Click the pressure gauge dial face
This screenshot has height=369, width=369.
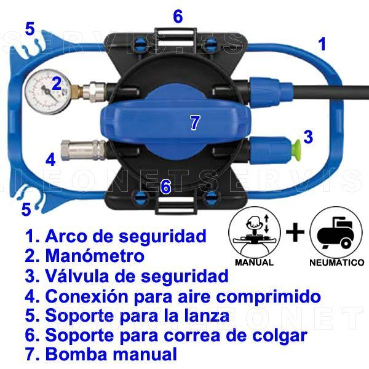click(x=48, y=91)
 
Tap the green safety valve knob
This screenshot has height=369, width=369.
click(x=296, y=151)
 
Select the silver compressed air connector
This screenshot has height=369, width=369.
click(x=83, y=150)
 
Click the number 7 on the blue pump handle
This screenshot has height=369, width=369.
click(x=195, y=122)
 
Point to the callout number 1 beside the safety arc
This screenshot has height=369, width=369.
click(x=322, y=44)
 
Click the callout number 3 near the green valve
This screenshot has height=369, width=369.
click(x=308, y=137)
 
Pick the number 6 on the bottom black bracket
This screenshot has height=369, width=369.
click(x=166, y=186)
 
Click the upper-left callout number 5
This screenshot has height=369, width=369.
click(x=30, y=29)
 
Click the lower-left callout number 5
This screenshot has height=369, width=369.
click(x=26, y=209)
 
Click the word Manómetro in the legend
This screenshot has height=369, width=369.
click(x=95, y=256)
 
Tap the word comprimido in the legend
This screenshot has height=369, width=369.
click(x=269, y=297)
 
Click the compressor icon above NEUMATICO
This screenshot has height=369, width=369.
click(x=336, y=232)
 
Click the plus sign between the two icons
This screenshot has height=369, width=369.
click(x=295, y=232)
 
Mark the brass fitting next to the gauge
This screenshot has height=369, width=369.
click(x=76, y=91)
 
